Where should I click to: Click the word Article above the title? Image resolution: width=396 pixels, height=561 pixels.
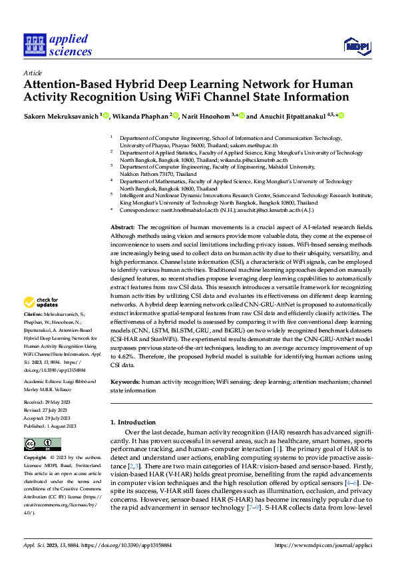point(32,73)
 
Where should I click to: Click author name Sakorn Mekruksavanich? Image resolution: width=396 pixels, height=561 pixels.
point(61,115)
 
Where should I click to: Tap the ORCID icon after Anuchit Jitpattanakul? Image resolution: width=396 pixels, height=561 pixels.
point(341,115)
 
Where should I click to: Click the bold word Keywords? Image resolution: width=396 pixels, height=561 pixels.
point(125,382)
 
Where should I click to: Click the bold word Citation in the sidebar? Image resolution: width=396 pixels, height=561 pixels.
point(33,313)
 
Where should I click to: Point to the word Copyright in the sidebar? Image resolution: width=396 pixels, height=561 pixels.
point(35,459)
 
